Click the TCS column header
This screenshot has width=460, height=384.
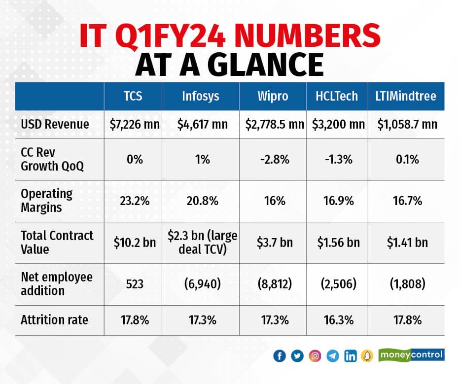[133, 96]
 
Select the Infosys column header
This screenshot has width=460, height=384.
[201, 96]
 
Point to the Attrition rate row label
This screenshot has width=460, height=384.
[54, 320]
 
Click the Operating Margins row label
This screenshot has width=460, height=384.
[46, 201]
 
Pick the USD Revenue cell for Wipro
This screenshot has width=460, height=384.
[275, 124]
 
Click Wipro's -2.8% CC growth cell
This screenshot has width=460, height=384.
[275, 159]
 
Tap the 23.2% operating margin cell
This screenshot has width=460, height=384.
[133, 201]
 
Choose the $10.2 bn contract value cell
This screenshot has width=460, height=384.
[133, 243]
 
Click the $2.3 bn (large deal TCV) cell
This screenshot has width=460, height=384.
[201, 243]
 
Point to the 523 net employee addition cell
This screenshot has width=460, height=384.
[133, 284]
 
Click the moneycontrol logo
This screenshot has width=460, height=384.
[411, 354]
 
